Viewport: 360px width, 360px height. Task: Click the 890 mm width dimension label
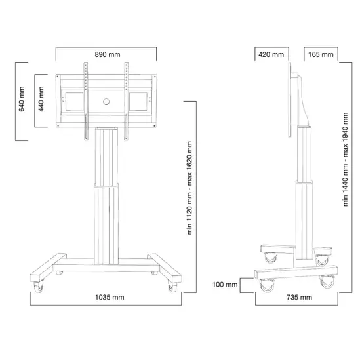(x=106, y=54)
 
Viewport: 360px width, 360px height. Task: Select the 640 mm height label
(x=22, y=101)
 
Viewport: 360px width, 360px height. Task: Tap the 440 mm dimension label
(x=41, y=101)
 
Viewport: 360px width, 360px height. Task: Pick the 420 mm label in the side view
(x=271, y=54)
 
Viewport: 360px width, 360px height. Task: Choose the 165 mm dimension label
(x=319, y=54)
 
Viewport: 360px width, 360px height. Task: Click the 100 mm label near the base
(x=225, y=284)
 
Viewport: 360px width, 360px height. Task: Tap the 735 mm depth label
(x=300, y=297)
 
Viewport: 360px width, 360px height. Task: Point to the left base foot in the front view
(x=48, y=266)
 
